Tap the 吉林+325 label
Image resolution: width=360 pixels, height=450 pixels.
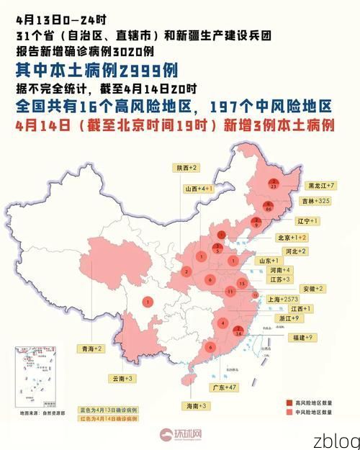coord(316,200)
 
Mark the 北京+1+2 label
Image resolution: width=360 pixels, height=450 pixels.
coord(292,237)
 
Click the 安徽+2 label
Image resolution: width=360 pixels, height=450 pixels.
coord(311,288)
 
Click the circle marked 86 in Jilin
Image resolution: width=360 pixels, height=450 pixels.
coord(268,205)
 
